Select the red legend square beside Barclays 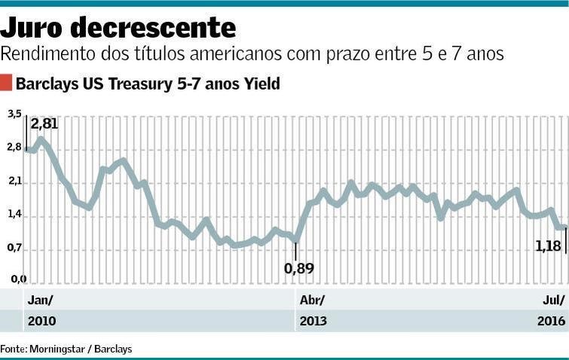tap(6, 83)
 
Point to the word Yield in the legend tap(262, 84)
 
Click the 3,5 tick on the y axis tap(14, 114)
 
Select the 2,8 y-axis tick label tap(14, 148)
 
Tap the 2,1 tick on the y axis tap(14, 182)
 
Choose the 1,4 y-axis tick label tap(14, 215)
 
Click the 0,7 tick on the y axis tap(14, 249)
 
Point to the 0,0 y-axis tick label tap(14, 279)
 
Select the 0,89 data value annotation tap(298, 267)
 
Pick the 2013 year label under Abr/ tap(314, 322)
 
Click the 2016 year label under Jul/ tap(551, 322)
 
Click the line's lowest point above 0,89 tap(296, 241)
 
